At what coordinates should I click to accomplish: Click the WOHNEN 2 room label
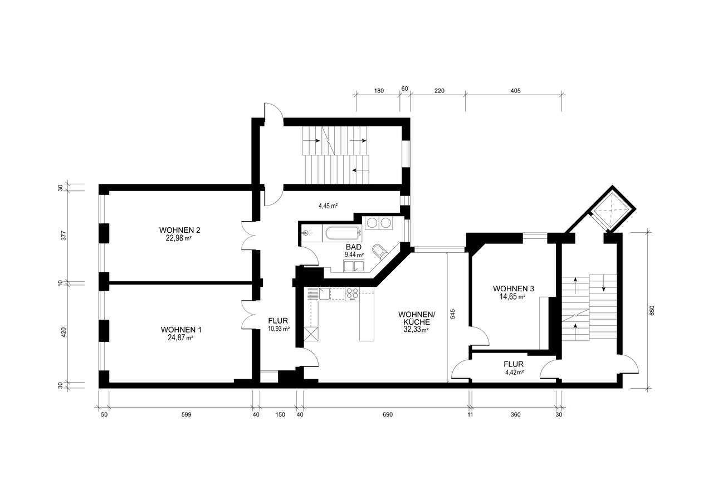pyautogui.click(x=179, y=230)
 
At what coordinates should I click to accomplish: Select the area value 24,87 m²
pyautogui.click(x=180, y=337)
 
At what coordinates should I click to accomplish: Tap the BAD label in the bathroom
pyautogui.click(x=354, y=247)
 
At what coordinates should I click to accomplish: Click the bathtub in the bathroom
pyautogui.click(x=341, y=233)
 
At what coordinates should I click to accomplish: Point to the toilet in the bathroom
pyautogui.click(x=380, y=252)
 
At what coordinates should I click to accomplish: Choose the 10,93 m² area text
pyautogui.click(x=279, y=329)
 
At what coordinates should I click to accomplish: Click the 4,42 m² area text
pyautogui.click(x=514, y=372)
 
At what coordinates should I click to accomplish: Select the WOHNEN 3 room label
pyautogui.click(x=513, y=288)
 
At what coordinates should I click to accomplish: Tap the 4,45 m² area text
pyautogui.click(x=328, y=206)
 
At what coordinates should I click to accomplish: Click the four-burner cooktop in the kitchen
pyautogui.click(x=353, y=293)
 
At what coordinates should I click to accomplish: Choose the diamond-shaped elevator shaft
pyautogui.click(x=611, y=208)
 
